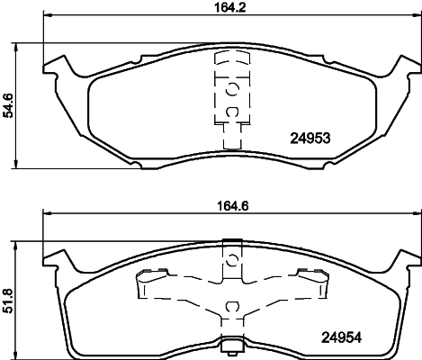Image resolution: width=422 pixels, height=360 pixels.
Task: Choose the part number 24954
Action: (x=341, y=338)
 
